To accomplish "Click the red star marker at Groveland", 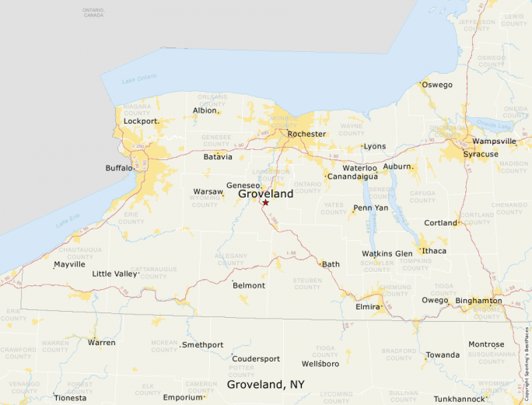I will [265, 203].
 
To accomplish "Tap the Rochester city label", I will [306, 134].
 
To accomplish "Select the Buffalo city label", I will [119, 168].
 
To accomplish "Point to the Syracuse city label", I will [481, 154].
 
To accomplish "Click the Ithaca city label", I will [434, 251].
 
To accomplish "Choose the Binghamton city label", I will [478, 300].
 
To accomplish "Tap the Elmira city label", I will [367, 307].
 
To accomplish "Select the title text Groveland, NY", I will [265, 384].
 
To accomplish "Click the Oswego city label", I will [437, 85].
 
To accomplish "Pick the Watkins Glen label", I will [387, 253].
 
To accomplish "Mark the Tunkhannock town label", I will [459, 399].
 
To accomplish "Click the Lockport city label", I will [141, 121].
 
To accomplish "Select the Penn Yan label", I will [370, 208].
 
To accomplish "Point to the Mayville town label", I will [69, 264].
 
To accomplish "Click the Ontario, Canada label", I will [93, 12].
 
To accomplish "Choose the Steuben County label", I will [307, 283].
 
